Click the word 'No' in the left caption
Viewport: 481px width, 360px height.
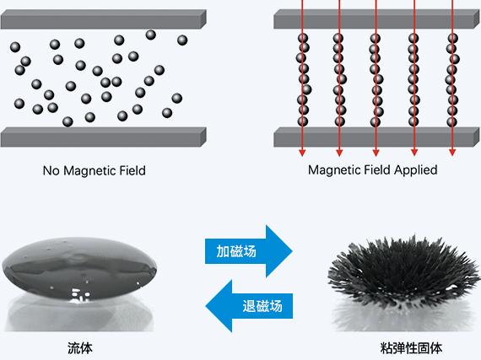pos(51,170)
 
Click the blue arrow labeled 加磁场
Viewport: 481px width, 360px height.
pos(248,251)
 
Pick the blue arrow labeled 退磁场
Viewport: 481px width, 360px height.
pos(249,306)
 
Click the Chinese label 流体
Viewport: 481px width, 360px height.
pos(80,348)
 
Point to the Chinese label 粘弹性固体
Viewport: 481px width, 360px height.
pos(411,348)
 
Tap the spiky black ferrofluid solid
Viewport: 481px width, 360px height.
pos(403,271)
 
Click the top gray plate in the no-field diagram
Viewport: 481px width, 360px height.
pos(104,19)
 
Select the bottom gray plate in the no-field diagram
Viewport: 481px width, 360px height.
pos(104,137)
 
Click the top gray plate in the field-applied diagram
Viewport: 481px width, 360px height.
pos(376,19)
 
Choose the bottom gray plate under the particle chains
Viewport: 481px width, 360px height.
pos(376,137)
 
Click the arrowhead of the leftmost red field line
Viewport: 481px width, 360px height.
pos(302,153)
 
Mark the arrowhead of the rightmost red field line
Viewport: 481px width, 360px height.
pos(452,153)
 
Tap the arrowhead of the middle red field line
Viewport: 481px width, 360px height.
pos(376,153)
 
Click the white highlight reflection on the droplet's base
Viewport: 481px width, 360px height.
pos(80,295)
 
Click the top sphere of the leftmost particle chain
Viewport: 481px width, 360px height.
pos(303,38)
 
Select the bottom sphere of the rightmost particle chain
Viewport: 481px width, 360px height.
pos(452,121)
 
